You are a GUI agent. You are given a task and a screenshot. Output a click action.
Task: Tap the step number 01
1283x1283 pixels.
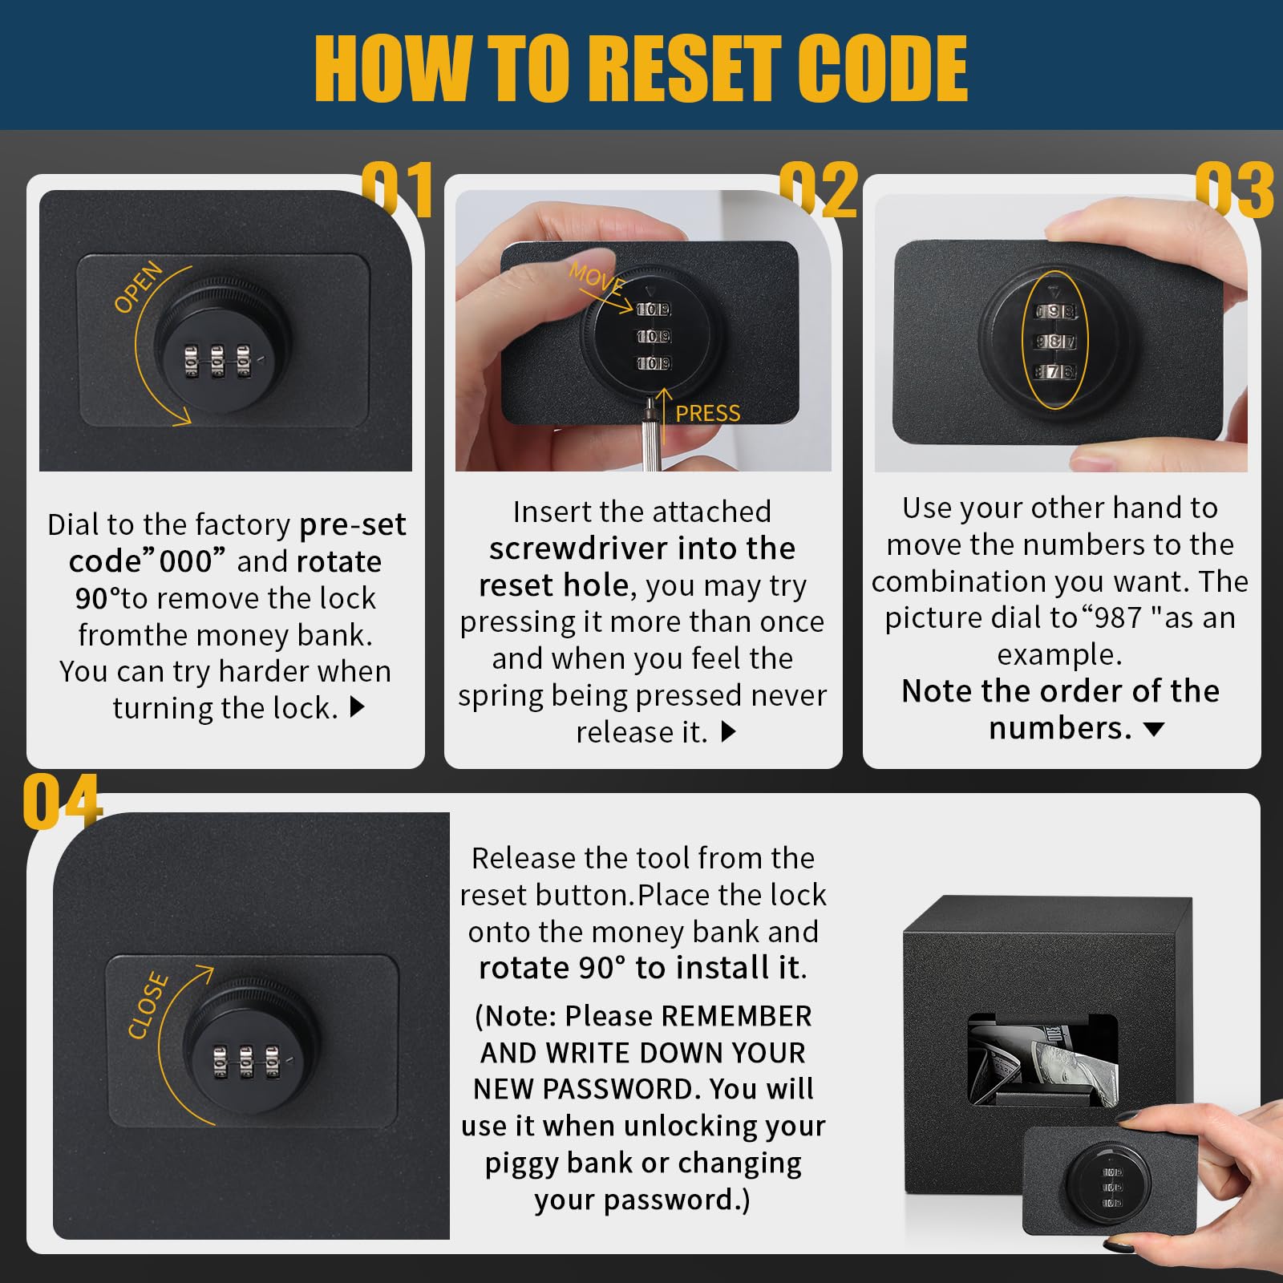tap(398, 189)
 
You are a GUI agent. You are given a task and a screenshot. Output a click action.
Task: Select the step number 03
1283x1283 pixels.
tap(1234, 189)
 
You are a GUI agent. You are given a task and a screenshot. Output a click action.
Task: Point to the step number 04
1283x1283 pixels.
tap(62, 801)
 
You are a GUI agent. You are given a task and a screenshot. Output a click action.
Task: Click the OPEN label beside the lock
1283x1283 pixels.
tap(138, 287)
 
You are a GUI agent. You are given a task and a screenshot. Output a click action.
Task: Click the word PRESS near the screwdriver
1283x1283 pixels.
tap(707, 413)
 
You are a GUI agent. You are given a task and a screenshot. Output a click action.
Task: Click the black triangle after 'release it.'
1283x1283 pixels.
tap(729, 731)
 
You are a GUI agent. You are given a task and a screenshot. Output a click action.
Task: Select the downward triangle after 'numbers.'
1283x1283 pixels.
tap(1153, 729)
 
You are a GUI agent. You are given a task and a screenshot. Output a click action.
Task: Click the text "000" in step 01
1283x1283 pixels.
tap(186, 561)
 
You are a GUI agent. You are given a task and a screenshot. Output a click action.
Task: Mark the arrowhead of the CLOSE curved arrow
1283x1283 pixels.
tap(204, 973)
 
